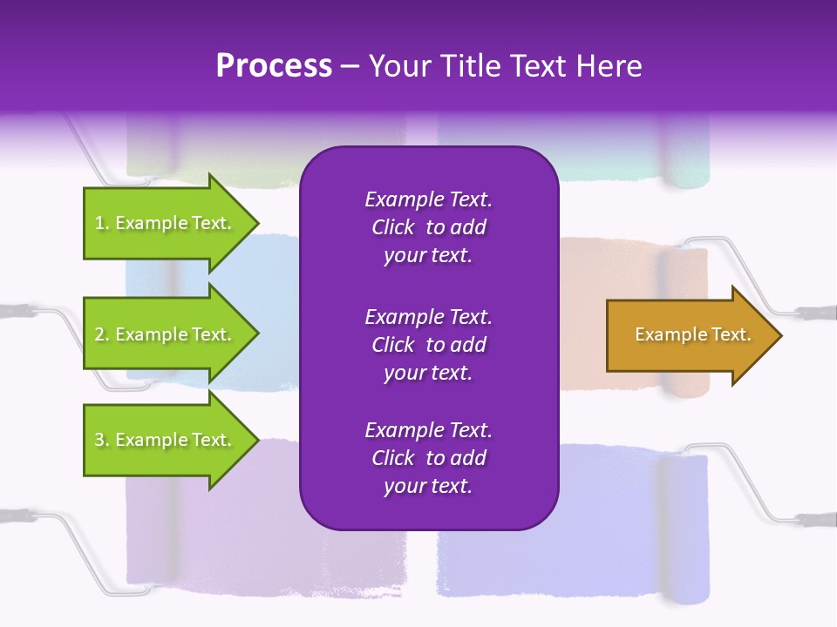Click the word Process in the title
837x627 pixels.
274,66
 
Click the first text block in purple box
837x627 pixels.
428,227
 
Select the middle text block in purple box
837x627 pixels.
428,345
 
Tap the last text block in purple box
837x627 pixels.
428,458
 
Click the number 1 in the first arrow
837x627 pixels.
99,223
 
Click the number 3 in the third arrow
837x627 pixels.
99,440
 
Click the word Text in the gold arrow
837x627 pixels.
732,334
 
